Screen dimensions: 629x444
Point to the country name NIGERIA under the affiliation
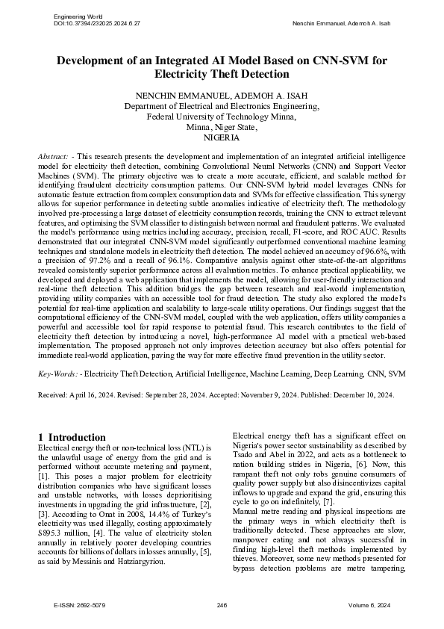coord(222,138)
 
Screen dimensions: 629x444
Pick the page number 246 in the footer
coord(222,604)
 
